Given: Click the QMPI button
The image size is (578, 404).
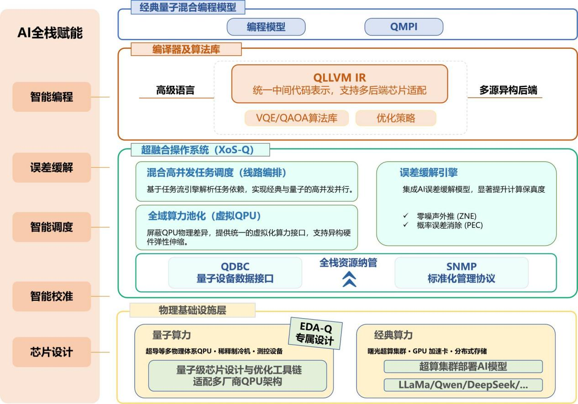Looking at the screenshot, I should pos(404,27).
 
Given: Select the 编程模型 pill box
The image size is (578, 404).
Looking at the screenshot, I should pos(266,27).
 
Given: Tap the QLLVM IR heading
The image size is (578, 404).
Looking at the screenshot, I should pos(339,78).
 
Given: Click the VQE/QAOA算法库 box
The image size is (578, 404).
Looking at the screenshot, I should pos(297,118).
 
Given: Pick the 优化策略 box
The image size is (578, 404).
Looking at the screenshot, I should pos(395,118).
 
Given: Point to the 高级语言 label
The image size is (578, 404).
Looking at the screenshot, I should pos(175,90).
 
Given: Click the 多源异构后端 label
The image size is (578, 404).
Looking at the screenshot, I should pos(508,90).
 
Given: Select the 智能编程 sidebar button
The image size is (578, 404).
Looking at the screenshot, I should pos(52,97).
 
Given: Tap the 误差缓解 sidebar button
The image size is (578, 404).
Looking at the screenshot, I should pos(52,168).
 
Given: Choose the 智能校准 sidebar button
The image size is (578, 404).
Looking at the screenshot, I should pos(52,296).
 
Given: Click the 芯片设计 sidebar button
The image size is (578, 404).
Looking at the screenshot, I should pos(52,352).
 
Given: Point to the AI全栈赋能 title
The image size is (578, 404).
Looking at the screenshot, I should pos(50,33).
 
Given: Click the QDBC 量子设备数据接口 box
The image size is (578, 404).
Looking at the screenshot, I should pos(235,273).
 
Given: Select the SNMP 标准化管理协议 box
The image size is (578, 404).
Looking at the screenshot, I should pos(461,273).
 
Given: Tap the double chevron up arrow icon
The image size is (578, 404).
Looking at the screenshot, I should pos(349,279).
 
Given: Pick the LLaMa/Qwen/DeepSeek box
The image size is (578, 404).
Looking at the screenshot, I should pos(463,385).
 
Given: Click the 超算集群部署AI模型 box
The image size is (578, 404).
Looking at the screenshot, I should pos(463,366).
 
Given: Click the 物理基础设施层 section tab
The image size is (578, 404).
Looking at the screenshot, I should pos(192,310).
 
